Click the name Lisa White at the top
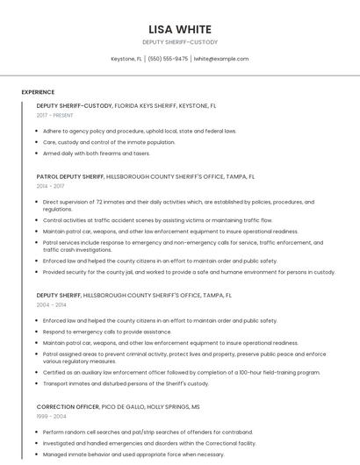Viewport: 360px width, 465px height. [x=179, y=29]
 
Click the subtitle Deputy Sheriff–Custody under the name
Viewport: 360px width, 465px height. [x=179, y=42]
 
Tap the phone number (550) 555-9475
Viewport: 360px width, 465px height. [x=168, y=59]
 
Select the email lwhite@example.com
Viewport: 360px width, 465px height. [x=221, y=59]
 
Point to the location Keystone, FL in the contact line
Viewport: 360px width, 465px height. [x=126, y=59]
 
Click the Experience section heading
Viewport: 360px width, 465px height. [x=38, y=92]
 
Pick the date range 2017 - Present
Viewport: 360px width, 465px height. [x=54, y=115]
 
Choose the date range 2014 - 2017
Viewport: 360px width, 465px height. [x=50, y=186]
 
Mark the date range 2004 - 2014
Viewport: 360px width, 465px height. [x=50, y=305]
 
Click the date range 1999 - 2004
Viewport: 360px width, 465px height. [x=50, y=417]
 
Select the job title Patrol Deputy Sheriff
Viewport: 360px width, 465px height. [x=70, y=176]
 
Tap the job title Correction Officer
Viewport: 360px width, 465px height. [x=68, y=407]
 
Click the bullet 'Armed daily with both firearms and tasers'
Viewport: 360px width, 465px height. [x=97, y=153]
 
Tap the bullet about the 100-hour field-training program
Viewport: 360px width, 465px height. [x=181, y=372]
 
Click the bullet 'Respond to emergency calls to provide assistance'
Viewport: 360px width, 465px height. [x=107, y=332]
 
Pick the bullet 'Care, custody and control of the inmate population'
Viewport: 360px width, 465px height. [x=109, y=142]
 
